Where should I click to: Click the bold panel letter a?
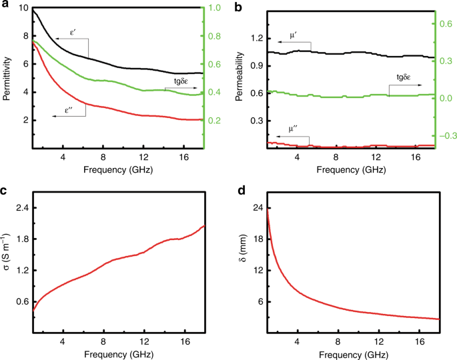tap(5, 5)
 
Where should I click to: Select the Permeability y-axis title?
tap(240, 78)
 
